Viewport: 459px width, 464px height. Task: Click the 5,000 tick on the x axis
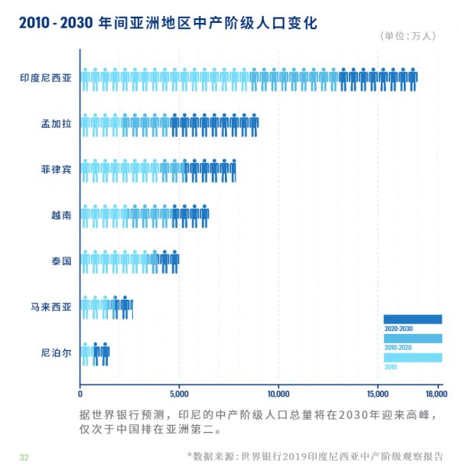click(x=179, y=394)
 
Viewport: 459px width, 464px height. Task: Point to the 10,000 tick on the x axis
click(x=278, y=394)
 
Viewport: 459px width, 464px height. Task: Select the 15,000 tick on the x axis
click(x=378, y=394)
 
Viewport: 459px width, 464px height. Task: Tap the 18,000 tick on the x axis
click(x=435, y=394)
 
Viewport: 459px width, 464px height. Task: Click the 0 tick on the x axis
click(x=80, y=394)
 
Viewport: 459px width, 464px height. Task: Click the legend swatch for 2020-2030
click(x=412, y=319)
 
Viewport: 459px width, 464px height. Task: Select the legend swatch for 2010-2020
click(x=412, y=338)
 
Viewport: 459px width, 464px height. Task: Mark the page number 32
click(x=24, y=457)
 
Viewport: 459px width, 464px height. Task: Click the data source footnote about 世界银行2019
click(x=315, y=456)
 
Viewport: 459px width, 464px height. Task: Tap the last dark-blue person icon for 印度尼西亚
click(x=413, y=79)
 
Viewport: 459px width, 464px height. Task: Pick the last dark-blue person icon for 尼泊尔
click(x=105, y=355)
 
